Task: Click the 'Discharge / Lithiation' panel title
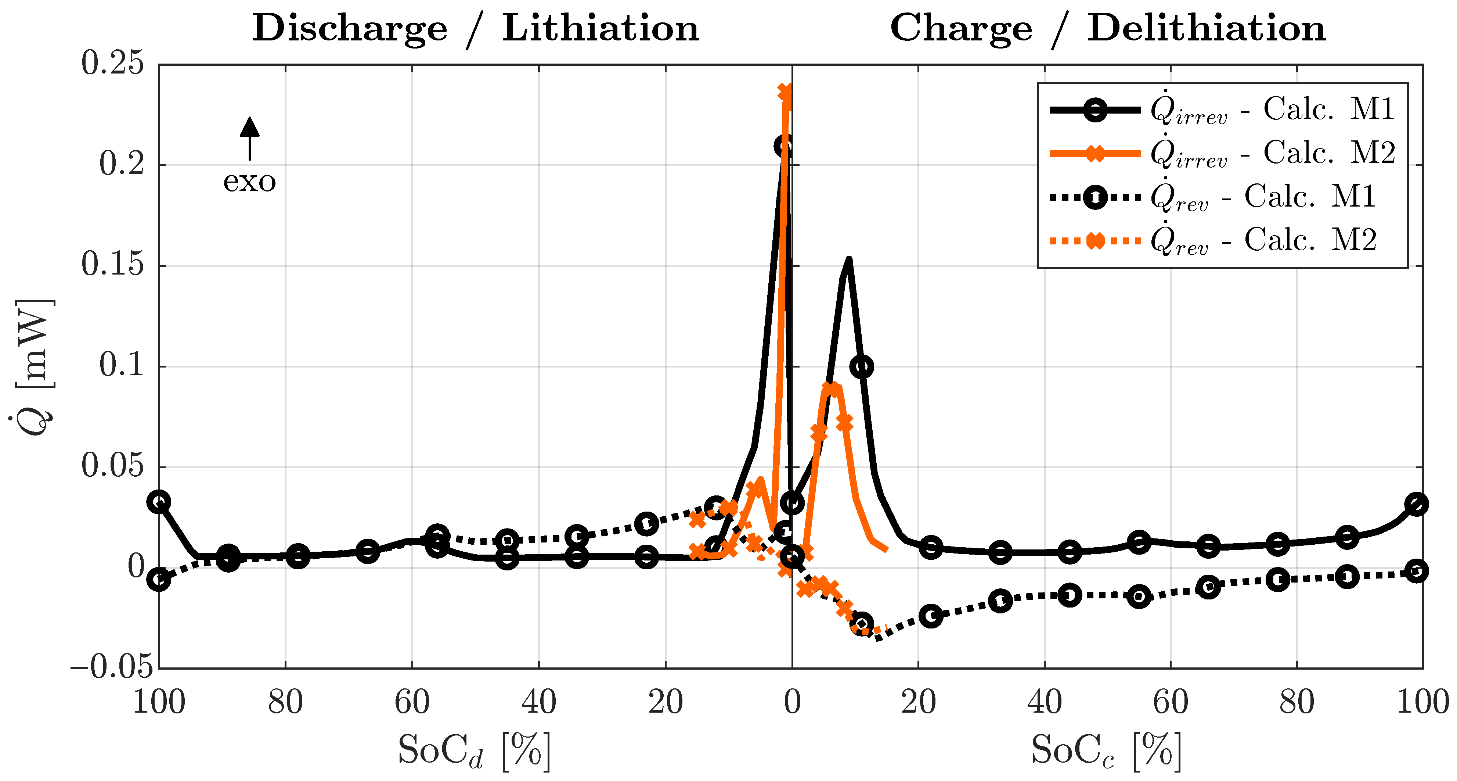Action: click(x=475, y=28)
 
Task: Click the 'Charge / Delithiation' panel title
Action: click(x=1107, y=28)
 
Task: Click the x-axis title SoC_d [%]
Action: click(x=474, y=751)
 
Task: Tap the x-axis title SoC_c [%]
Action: click(x=1106, y=751)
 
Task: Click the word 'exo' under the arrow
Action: click(x=249, y=182)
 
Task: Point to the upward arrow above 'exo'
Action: click(x=249, y=136)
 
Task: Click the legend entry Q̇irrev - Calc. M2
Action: click(x=1222, y=153)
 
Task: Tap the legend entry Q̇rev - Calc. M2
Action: click(x=1213, y=240)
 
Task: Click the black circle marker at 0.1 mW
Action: click(x=861, y=367)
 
